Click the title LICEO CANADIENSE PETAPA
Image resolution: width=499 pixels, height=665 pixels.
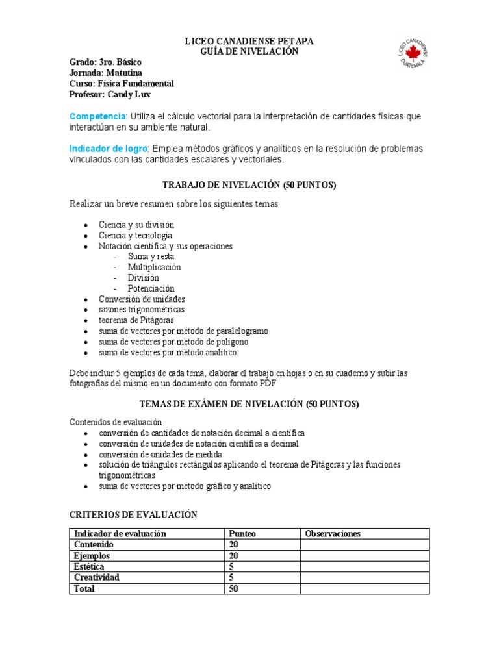point(249,42)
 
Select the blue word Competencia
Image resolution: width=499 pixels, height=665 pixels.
point(97,116)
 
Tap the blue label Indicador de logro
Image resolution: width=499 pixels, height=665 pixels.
point(109,149)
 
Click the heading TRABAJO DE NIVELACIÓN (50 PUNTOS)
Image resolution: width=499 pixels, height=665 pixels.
point(249,185)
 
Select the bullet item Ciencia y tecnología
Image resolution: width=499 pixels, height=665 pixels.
point(135,235)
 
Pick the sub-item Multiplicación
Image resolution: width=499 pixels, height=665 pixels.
point(154,267)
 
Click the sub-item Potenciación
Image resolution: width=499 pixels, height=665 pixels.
point(151,288)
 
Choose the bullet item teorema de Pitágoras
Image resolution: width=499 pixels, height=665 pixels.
point(136,320)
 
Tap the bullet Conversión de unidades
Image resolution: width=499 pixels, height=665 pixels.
point(142,299)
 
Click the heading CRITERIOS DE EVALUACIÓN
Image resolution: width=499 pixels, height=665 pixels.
point(133,514)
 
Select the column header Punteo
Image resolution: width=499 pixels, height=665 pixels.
point(242,534)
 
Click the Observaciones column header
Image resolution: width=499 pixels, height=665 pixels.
point(333,534)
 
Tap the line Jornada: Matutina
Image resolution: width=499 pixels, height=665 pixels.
point(105,73)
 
